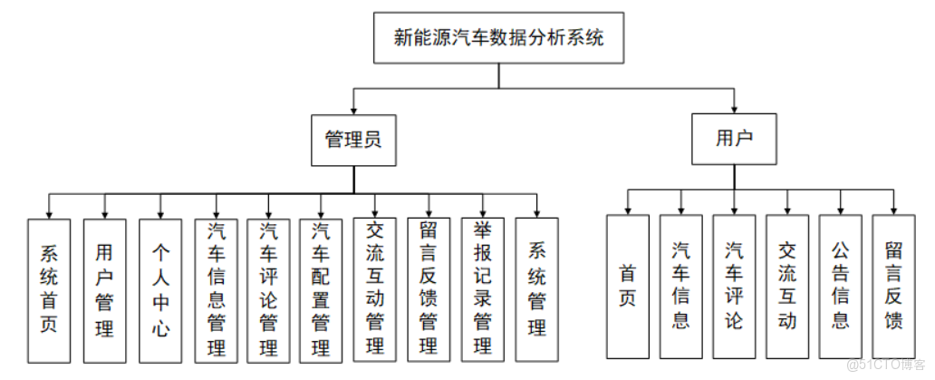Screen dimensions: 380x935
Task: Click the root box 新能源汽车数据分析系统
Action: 498,38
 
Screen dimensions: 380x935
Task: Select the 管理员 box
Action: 353,139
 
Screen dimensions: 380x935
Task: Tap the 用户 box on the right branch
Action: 734,139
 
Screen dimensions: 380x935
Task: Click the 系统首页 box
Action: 49,287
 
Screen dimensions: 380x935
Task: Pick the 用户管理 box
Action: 104,287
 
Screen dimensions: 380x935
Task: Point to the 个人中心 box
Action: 160,287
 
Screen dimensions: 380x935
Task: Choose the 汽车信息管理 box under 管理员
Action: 216,287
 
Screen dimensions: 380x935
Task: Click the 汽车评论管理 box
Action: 268,287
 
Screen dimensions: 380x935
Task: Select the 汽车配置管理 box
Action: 321,287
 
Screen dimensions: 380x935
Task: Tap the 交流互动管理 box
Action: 375,287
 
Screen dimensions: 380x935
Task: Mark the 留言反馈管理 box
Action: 429,287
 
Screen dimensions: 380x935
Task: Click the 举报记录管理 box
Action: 482,287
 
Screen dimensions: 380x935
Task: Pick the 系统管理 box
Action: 537,287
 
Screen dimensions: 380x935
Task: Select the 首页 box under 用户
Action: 628,286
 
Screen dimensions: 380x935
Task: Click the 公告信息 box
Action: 840,286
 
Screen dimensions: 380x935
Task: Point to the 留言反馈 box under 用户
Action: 893,286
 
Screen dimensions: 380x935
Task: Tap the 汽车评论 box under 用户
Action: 734,286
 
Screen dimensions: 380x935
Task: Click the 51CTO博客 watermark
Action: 883,365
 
